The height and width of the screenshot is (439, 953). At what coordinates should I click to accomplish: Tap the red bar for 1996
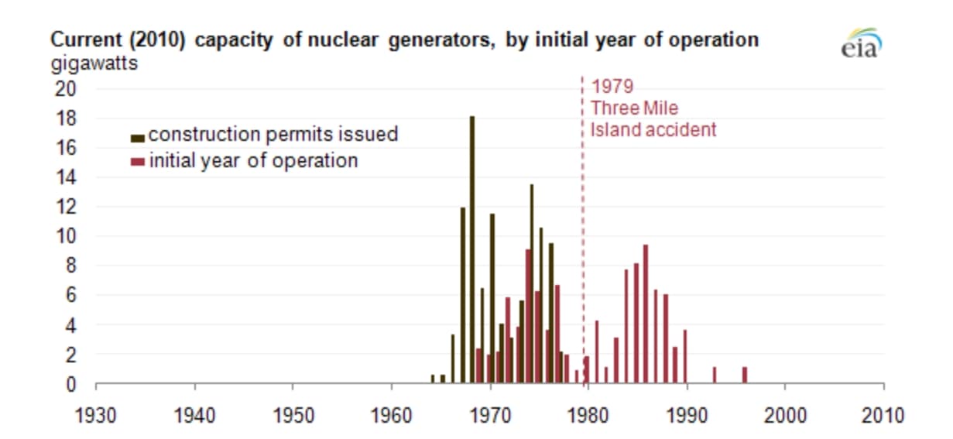(x=744, y=375)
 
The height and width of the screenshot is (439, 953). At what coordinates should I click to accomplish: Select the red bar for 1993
(x=715, y=375)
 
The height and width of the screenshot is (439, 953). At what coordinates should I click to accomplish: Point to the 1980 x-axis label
(x=588, y=415)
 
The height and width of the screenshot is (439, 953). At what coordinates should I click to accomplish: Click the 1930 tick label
(x=96, y=415)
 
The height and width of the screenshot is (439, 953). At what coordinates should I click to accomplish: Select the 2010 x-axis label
(x=883, y=415)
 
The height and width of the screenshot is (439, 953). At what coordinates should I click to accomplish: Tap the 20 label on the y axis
(x=66, y=88)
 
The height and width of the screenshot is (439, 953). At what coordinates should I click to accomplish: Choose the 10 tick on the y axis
(x=67, y=236)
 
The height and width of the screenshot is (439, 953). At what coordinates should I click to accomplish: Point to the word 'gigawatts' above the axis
(x=94, y=63)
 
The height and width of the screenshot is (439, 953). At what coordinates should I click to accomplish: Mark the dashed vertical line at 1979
(x=583, y=232)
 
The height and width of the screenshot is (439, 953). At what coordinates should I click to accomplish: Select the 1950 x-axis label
(x=293, y=415)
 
